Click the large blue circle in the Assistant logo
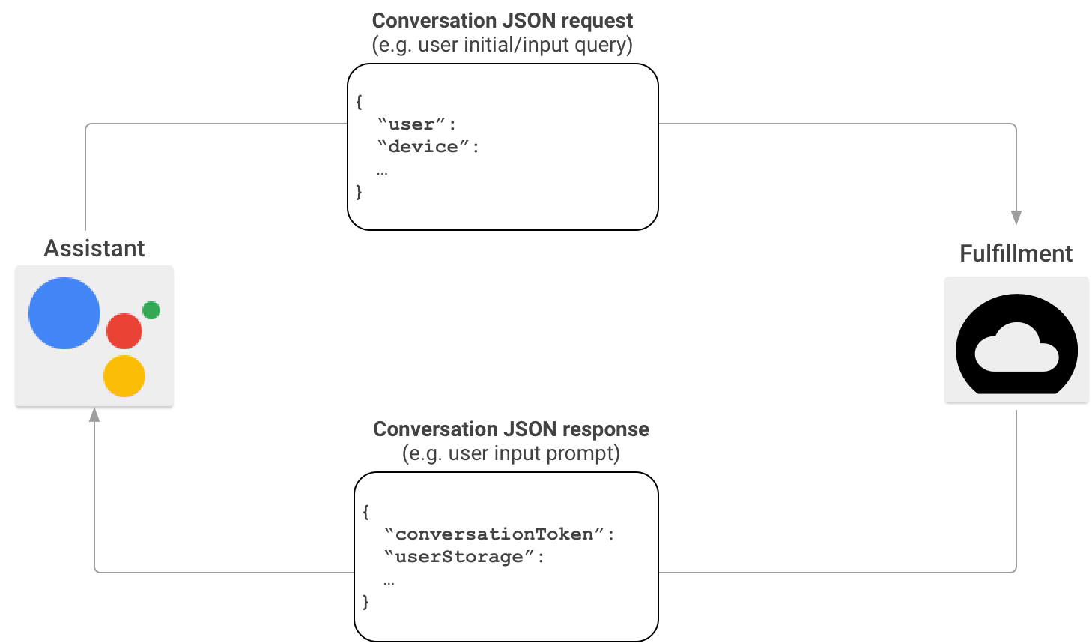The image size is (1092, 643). [x=64, y=313]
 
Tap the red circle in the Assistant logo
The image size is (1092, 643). [x=124, y=331]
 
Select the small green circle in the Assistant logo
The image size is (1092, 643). [x=151, y=310]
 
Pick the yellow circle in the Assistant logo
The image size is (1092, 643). [x=124, y=376]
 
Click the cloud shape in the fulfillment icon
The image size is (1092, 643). [x=1016, y=348]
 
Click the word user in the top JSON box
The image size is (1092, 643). [x=411, y=124]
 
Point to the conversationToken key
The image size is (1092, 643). [x=494, y=534]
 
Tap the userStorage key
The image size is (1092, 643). [x=458, y=557]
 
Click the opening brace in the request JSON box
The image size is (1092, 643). [x=360, y=102]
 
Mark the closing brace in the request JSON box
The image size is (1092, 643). [x=360, y=192]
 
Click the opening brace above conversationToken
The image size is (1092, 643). [x=365, y=512]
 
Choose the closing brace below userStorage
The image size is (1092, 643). [x=365, y=602]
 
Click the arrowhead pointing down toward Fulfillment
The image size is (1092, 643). [x=1015, y=218]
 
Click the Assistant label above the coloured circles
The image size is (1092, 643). [x=94, y=250]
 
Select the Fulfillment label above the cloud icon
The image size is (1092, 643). [x=1016, y=253]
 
